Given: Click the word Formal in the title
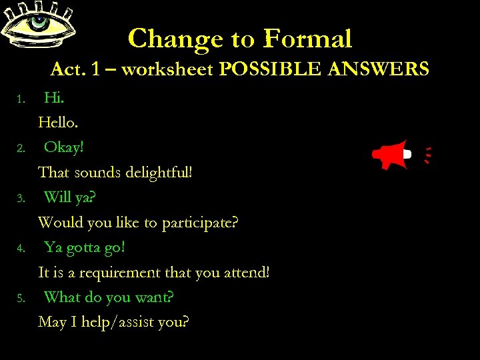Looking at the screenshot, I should [x=307, y=39].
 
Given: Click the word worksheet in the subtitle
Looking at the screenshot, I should [x=169, y=69].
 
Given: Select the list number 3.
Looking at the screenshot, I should [x=21, y=199].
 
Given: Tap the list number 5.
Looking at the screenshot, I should [x=21, y=298].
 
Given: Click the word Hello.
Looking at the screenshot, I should [x=59, y=123].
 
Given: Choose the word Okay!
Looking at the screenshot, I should [x=64, y=147].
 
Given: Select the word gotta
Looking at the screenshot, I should [x=81, y=247].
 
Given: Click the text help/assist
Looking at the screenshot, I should [x=118, y=323].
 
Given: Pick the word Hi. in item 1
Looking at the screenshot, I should [x=54, y=98].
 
